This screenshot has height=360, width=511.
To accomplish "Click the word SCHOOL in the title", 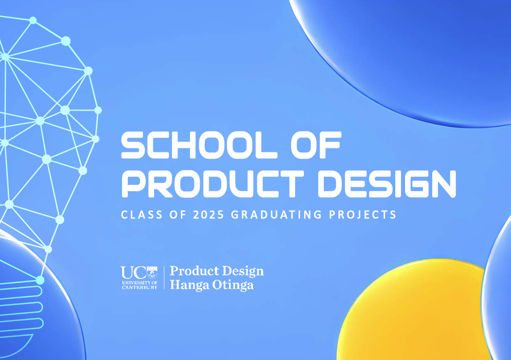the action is (199, 145).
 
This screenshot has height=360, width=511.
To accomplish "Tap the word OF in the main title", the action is (316, 145).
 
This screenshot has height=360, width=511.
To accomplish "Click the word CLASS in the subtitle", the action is (142, 215).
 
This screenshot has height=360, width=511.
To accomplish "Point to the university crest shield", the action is (152, 272).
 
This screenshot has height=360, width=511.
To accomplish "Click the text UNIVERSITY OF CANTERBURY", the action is (140, 285).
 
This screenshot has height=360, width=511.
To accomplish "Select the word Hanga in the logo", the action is (189, 286).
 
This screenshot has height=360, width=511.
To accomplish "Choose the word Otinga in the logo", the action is (233, 286).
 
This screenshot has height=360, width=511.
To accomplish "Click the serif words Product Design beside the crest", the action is (217, 271).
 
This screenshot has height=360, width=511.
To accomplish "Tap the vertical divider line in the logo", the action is (164, 277).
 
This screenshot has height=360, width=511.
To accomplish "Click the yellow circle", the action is (411, 310).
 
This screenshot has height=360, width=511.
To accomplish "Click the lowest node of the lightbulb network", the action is (40, 280).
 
